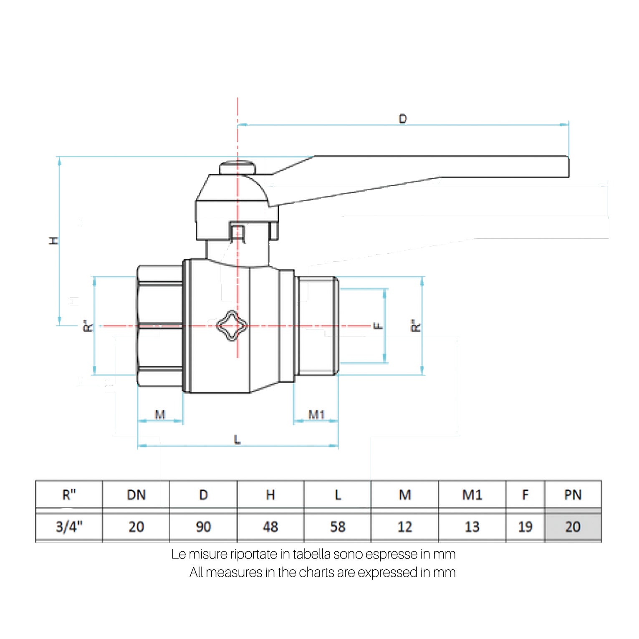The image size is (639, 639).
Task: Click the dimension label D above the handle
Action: tap(403, 119)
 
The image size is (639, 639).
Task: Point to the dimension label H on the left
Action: tap(54, 241)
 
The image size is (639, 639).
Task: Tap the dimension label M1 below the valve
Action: tap(316, 414)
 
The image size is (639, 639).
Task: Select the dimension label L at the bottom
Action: tap(237, 439)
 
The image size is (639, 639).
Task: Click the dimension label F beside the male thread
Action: tap(378, 325)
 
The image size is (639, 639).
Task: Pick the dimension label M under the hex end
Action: tap(160, 414)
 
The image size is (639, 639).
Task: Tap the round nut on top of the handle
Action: tap(237, 168)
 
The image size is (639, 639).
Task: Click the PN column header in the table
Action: tap(573, 495)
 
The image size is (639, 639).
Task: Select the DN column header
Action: tap(136, 495)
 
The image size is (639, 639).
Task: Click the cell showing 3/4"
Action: tap(69, 527)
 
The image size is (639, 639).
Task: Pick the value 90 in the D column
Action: tap(203, 527)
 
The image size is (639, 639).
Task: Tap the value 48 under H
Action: tap(270, 527)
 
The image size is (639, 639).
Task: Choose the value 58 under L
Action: tap(338, 527)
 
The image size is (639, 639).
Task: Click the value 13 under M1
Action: tap(472, 527)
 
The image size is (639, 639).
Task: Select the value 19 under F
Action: tap(525, 527)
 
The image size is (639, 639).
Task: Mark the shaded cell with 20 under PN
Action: tap(573, 527)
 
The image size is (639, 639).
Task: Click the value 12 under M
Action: tap(405, 527)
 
